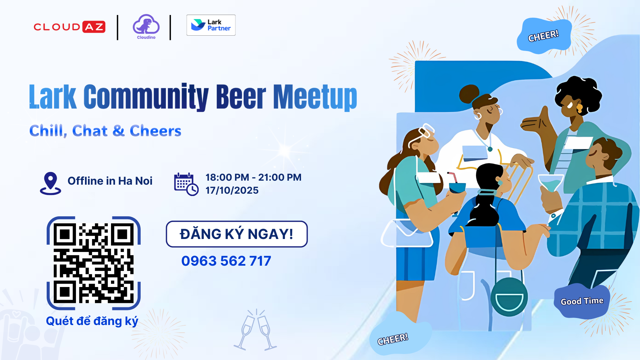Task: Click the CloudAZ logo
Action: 69,27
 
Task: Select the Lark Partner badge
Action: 211,25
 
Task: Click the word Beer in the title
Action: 241,97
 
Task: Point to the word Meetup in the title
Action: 315,97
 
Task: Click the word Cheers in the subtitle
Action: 155,131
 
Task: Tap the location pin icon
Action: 50,183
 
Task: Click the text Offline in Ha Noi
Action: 110,181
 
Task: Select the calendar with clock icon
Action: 186,184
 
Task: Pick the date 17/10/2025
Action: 232,190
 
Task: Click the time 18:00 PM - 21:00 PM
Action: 253,177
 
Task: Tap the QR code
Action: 94,263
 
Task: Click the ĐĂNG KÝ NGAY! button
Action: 237,234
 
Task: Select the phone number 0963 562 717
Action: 226,261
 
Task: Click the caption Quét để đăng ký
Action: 92,321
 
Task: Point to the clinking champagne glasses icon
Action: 255,330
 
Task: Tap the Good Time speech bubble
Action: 582,301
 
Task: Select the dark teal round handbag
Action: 509,297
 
